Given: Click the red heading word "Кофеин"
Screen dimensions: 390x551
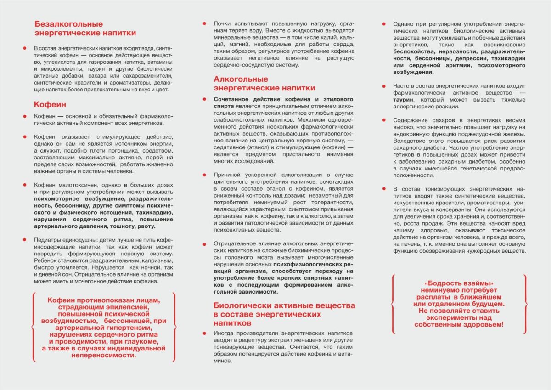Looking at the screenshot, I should pyautogui.click(x=50, y=105).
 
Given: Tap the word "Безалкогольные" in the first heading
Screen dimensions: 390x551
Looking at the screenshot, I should pyautogui.click(x=69, y=24).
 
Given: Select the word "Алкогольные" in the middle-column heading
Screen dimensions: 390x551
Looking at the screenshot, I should pyautogui.click(x=241, y=79).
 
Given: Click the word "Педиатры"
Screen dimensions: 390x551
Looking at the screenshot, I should pyautogui.click(x=47, y=240).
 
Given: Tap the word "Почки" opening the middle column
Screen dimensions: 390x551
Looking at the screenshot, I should pyautogui.click(x=223, y=23).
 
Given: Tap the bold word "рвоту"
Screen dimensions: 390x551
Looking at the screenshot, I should pyautogui.click(x=146, y=226).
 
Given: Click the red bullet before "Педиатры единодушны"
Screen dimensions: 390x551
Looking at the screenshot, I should pyautogui.click(x=24, y=240).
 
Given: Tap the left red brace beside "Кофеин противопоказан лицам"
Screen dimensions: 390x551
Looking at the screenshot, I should pyautogui.click(x=33, y=327).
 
